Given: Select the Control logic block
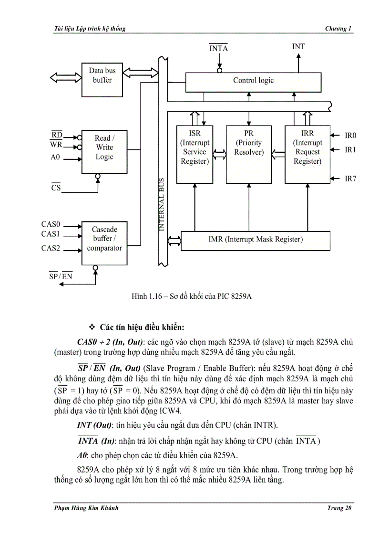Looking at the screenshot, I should [x=253, y=81].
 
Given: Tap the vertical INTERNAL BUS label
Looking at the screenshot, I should [x=162, y=205].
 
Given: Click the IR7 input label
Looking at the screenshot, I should [x=350, y=179].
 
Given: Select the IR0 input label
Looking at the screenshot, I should [x=350, y=136].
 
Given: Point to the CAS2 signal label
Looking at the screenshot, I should [x=51, y=248].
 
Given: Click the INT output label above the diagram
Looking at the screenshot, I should [x=298, y=47].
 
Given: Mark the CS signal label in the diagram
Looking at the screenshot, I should [x=56, y=188].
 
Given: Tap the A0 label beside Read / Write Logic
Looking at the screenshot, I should [x=55, y=157].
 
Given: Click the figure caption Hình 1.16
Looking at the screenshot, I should [x=191, y=296].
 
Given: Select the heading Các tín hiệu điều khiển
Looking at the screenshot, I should [x=142, y=327].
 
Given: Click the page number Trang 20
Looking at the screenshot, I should [x=339, y=508].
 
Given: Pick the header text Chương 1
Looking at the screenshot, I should [x=338, y=29].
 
